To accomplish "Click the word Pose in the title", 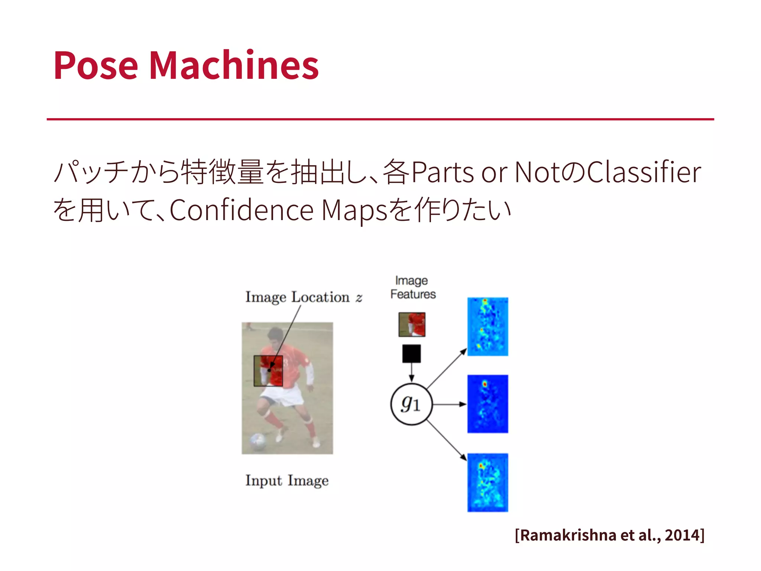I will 95,65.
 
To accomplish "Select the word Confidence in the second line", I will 242,210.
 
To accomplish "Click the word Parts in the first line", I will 443,172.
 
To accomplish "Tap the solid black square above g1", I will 411,354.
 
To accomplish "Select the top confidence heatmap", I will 488,326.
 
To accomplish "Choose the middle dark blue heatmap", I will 488,404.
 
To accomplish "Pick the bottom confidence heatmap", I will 488,483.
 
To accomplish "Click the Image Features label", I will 412,287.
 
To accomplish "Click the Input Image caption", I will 287,480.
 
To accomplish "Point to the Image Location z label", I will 303,297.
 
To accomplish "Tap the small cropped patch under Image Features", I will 412,325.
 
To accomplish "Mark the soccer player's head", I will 276,337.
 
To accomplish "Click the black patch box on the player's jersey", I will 268,371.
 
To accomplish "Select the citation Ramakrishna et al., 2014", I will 609,535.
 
